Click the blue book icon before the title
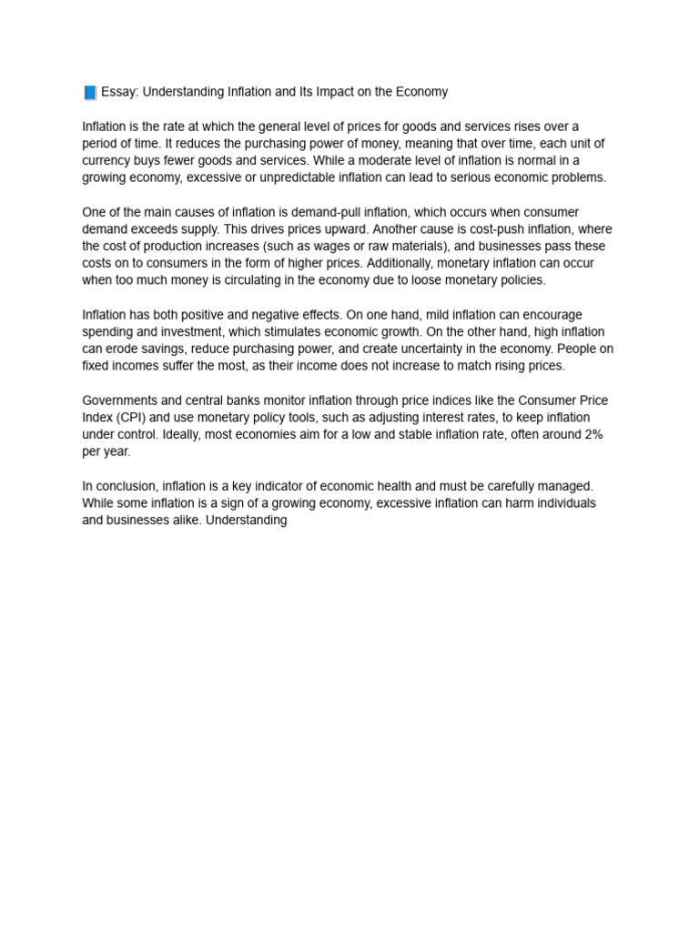pyautogui.click(x=90, y=93)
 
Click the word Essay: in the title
pyautogui.click(x=119, y=92)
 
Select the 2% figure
pyautogui.click(x=593, y=435)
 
